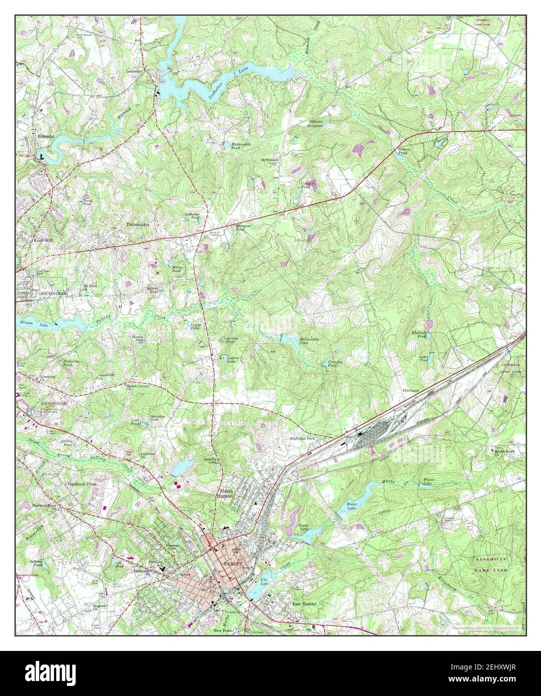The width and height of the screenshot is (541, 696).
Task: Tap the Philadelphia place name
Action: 138,225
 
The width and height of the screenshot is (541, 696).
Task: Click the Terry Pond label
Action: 88,203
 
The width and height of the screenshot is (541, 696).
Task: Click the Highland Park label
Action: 302,439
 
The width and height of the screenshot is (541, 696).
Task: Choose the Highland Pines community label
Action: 83,485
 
